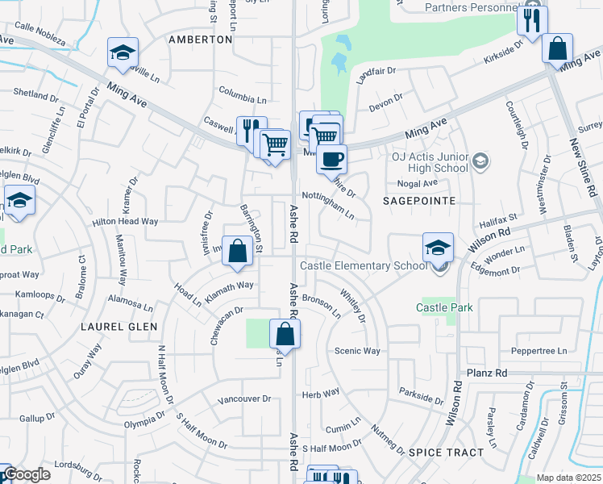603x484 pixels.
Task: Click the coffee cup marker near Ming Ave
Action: [x=331, y=159]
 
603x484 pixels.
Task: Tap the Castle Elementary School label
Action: [x=364, y=266]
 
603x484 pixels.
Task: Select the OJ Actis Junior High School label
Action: [x=429, y=162]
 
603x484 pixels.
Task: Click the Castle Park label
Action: [x=444, y=307]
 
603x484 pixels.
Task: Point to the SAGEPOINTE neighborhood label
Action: [x=418, y=200]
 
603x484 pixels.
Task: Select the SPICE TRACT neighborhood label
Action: [x=446, y=453]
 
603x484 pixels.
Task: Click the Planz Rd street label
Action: [x=488, y=373]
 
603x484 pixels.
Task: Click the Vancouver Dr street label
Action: [x=243, y=399]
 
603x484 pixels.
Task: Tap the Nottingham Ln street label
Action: [x=328, y=205]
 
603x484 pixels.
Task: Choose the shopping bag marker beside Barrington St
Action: [x=238, y=251]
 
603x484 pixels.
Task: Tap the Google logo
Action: [x=27, y=475]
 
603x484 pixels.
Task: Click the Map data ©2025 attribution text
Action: [x=568, y=478]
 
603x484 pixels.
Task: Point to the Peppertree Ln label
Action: [x=539, y=352]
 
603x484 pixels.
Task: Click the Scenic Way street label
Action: [x=357, y=351]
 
